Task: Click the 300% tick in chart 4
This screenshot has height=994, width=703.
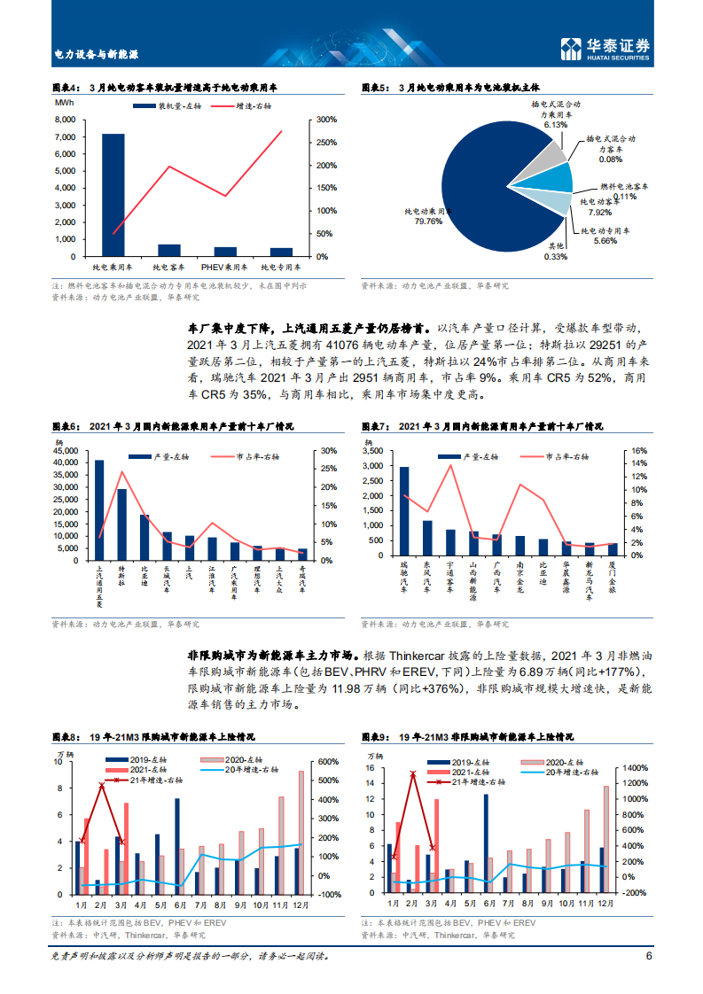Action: [325, 120]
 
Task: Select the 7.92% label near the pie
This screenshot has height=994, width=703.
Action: [600, 213]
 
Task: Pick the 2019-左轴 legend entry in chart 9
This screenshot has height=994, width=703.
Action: [465, 763]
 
